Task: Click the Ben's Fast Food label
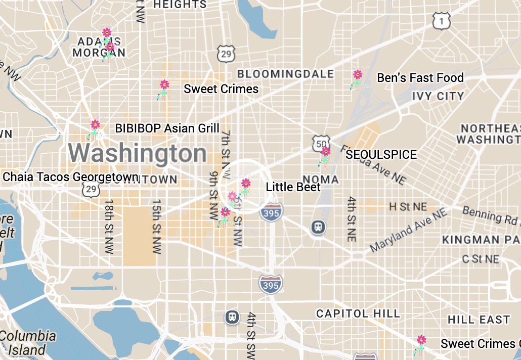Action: [x=420, y=78]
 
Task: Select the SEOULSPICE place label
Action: [x=381, y=155]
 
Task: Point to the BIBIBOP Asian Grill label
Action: [x=167, y=128]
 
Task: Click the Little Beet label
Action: [x=293, y=187]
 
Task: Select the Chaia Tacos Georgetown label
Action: [x=70, y=177]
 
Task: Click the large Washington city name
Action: [x=138, y=153]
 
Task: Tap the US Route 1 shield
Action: [x=441, y=21]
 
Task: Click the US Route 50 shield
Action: [x=321, y=143]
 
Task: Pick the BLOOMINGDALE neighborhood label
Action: [x=285, y=74]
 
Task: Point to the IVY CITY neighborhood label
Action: [x=438, y=96]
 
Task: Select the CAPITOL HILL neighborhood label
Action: [x=358, y=313]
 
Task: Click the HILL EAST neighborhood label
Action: [x=479, y=320]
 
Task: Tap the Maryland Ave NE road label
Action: [x=409, y=230]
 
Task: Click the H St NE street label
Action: [x=408, y=206]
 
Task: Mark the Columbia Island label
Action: [x=28, y=342]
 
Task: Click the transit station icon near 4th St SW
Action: [x=232, y=317]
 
